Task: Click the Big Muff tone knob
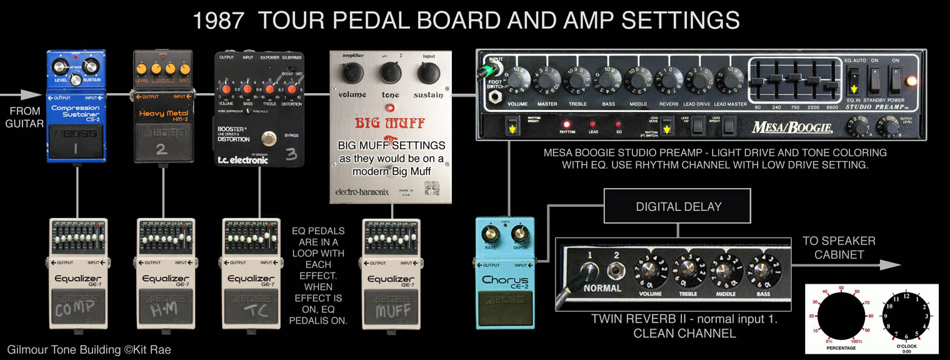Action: click(391, 74)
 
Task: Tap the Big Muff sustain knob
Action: click(429, 74)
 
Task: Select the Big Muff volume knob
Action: click(352, 74)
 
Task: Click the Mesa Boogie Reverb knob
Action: click(669, 81)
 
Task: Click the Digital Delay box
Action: click(677, 206)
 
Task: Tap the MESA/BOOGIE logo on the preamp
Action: click(792, 127)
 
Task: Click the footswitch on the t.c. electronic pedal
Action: click(270, 139)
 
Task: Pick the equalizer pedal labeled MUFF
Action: click(392, 273)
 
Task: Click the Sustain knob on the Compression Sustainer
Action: click(90, 67)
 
